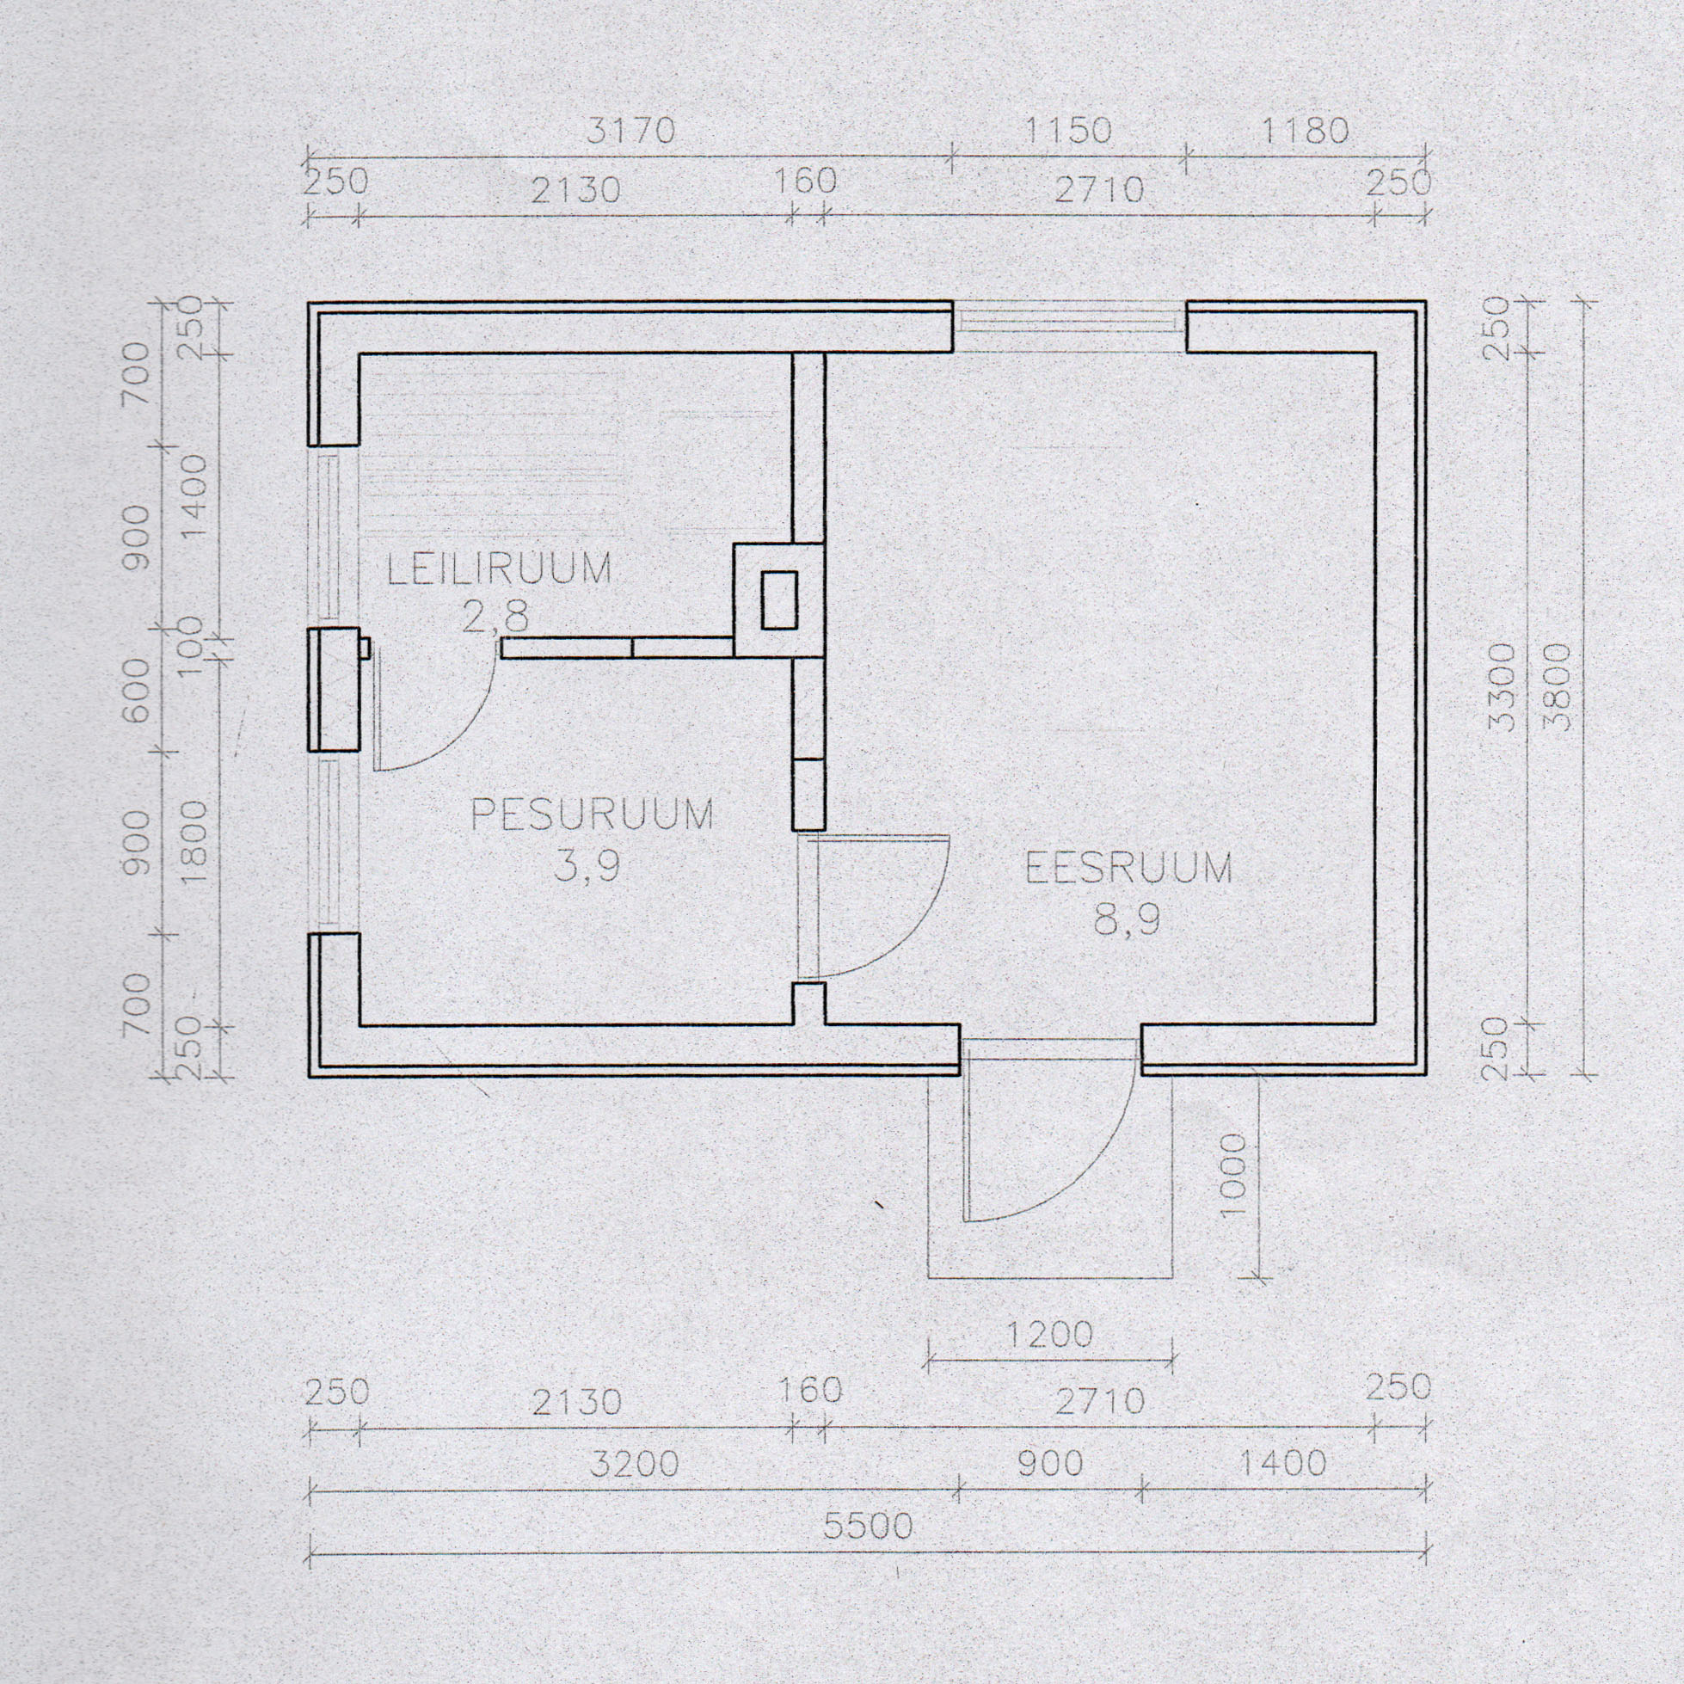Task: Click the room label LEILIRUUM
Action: tap(500, 569)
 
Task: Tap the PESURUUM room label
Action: tap(593, 814)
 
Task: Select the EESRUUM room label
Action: tap(1128, 868)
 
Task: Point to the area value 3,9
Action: tap(587, 866)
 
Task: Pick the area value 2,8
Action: tap(495, 618)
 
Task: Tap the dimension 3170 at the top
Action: tap(631, 131)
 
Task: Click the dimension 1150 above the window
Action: tap(1066, 131)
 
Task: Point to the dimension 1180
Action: tap(1305, 131)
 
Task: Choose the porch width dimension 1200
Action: tap(1049, 1335)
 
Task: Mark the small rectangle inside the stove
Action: tap(779, 599)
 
